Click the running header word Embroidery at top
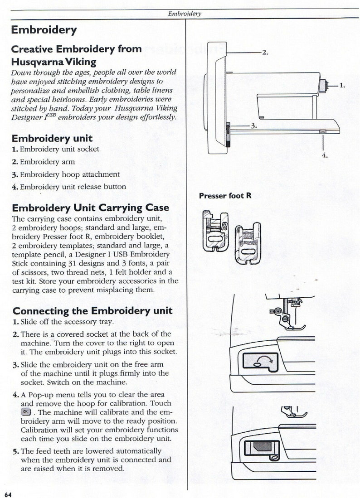[x=184, y=14]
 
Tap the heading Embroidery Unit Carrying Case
[x=90, y=208]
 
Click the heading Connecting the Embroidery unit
[x=92, y=311]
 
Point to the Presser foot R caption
[x=225, y=196]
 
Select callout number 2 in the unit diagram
[x=265, y=53]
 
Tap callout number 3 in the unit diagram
[x=254, y=126]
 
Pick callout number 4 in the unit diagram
[x=324, y=155]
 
